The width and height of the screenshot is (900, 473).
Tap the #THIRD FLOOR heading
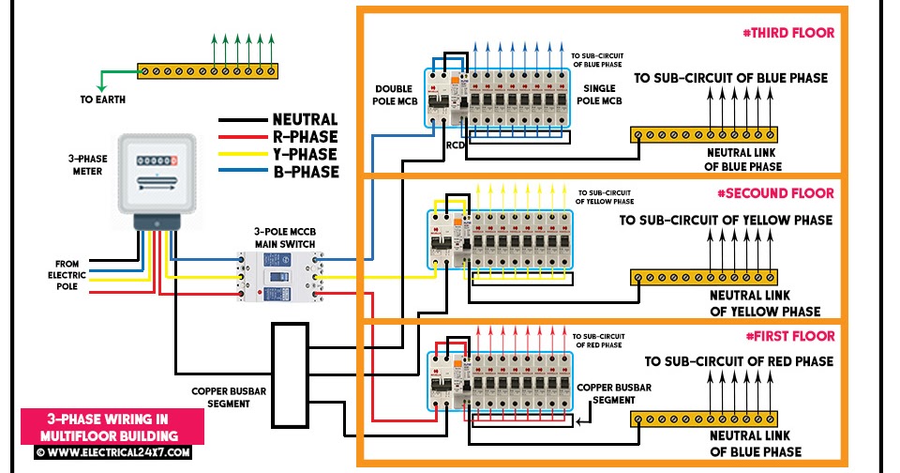click(x=787, y=33)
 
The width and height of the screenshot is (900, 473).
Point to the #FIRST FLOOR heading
click(x=790, y=335)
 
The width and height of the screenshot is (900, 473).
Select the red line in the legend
click(x=242, y=137)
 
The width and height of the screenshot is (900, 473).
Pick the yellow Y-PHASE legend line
click(x=242, y=155)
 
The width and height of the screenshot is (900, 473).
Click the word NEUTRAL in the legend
click(x=305, y=119)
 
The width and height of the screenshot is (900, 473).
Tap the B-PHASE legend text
click(x=306, y=172)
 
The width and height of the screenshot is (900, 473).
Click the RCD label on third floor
click(x=456, y=145)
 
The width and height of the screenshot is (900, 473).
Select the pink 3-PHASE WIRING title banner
click(x=111, y=427)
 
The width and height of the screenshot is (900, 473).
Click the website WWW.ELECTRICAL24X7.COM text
click(x=112, y=452)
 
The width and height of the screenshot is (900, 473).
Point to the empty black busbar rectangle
click(x=290, y=373)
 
